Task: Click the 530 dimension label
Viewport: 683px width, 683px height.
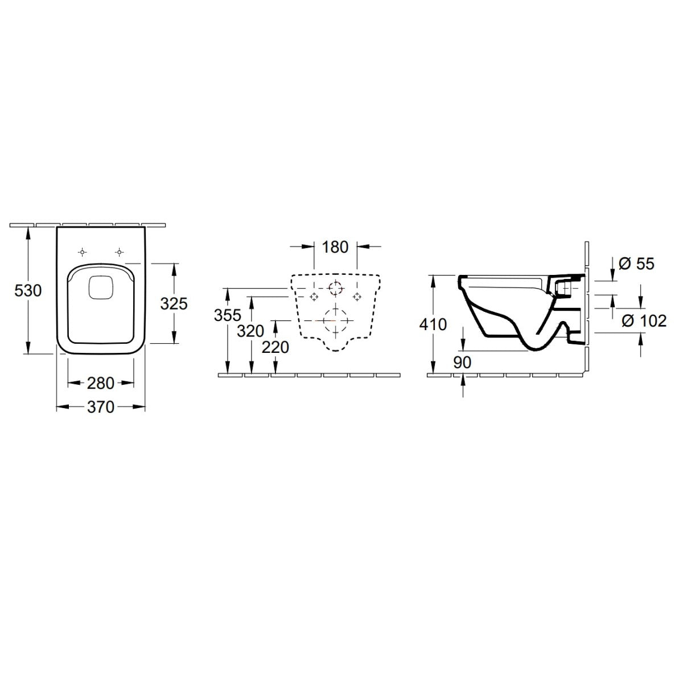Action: click(x=28, y=291)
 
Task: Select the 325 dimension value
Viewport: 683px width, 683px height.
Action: click(x=174, y=304)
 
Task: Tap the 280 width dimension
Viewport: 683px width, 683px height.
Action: click(x=101, y=383)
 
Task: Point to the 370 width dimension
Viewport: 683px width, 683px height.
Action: click(x=101, y=408)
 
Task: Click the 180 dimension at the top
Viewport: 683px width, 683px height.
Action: click(x=335, y=246)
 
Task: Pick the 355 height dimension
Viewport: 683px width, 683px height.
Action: click(x=228, y=315)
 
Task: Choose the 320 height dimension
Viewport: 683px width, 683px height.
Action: click(x=250, y=331)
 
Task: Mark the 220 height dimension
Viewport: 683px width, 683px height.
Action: click(x=275, y=347)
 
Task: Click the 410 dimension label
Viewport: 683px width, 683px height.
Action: click(x=433, y=324)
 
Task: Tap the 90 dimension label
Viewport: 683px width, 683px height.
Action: click(x=462, y=362)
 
